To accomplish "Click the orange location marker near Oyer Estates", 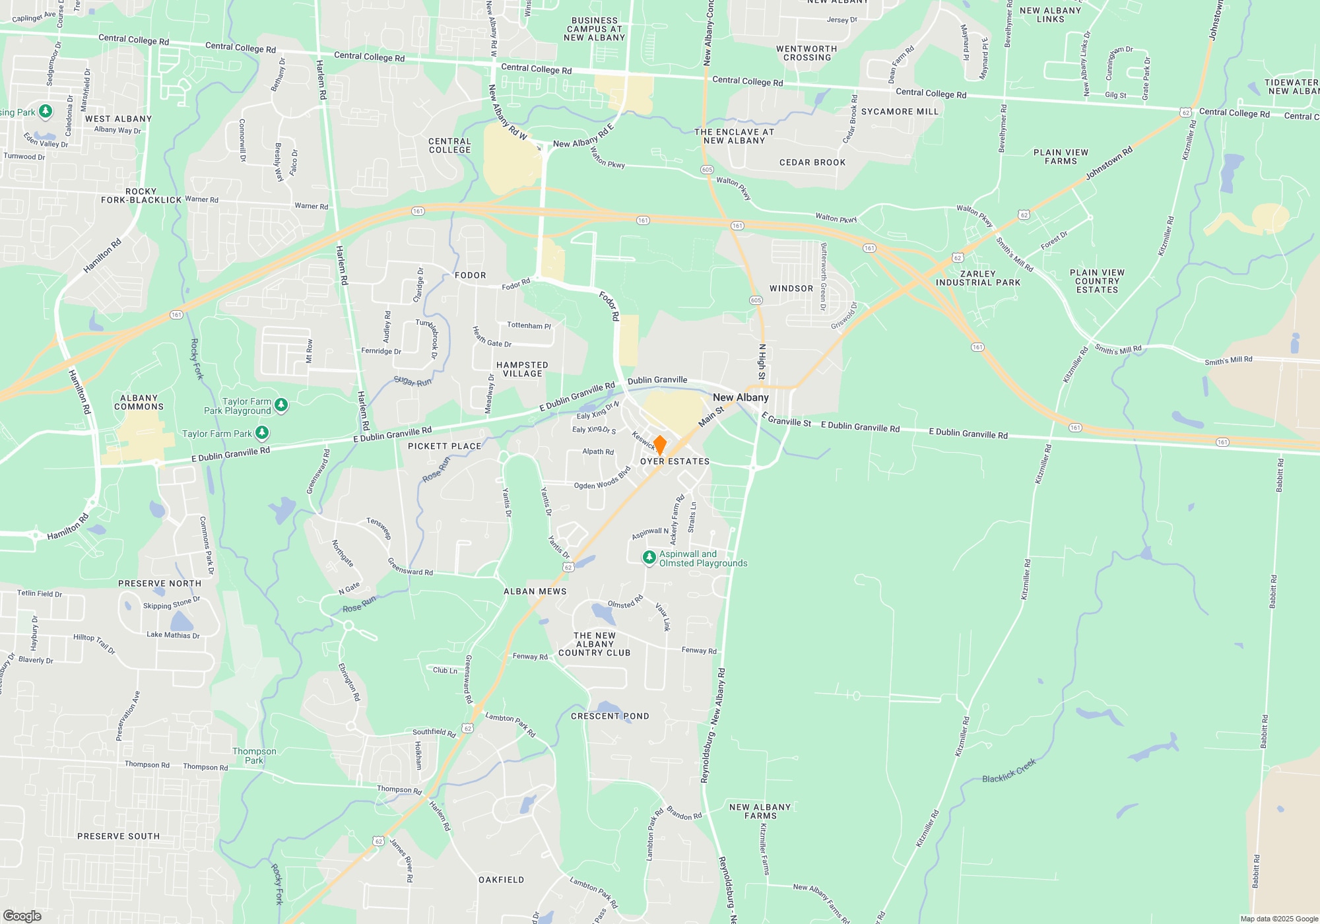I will (x=659, y=445).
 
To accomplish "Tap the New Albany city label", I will (x=741, y=397).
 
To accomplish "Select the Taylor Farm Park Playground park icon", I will (x=281, y=405).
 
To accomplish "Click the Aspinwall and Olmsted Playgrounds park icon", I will (x=649, y=558).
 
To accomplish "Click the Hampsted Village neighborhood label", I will (x=522, y=370).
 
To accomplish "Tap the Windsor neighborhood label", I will (x=791, y=288).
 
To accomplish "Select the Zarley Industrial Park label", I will (x=978, y=279).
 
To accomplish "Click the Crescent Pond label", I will (x=610, y=716).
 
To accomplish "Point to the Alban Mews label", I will (x=535, y=591).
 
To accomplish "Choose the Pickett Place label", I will (x=445, y=446).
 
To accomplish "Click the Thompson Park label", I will (x=254, y=756).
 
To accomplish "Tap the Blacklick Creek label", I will (x=1009, y=771).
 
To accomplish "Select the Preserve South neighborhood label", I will (x=119, y=836).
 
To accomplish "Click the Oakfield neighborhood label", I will (x=502, y=880).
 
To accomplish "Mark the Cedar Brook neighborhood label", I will (x=812, y=162).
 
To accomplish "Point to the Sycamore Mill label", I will (x=900, y=112).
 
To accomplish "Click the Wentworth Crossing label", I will (x=807, y=53).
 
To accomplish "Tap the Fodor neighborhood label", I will (x=471, y=275).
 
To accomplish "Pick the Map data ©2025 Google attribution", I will (x=1279, y=919).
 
